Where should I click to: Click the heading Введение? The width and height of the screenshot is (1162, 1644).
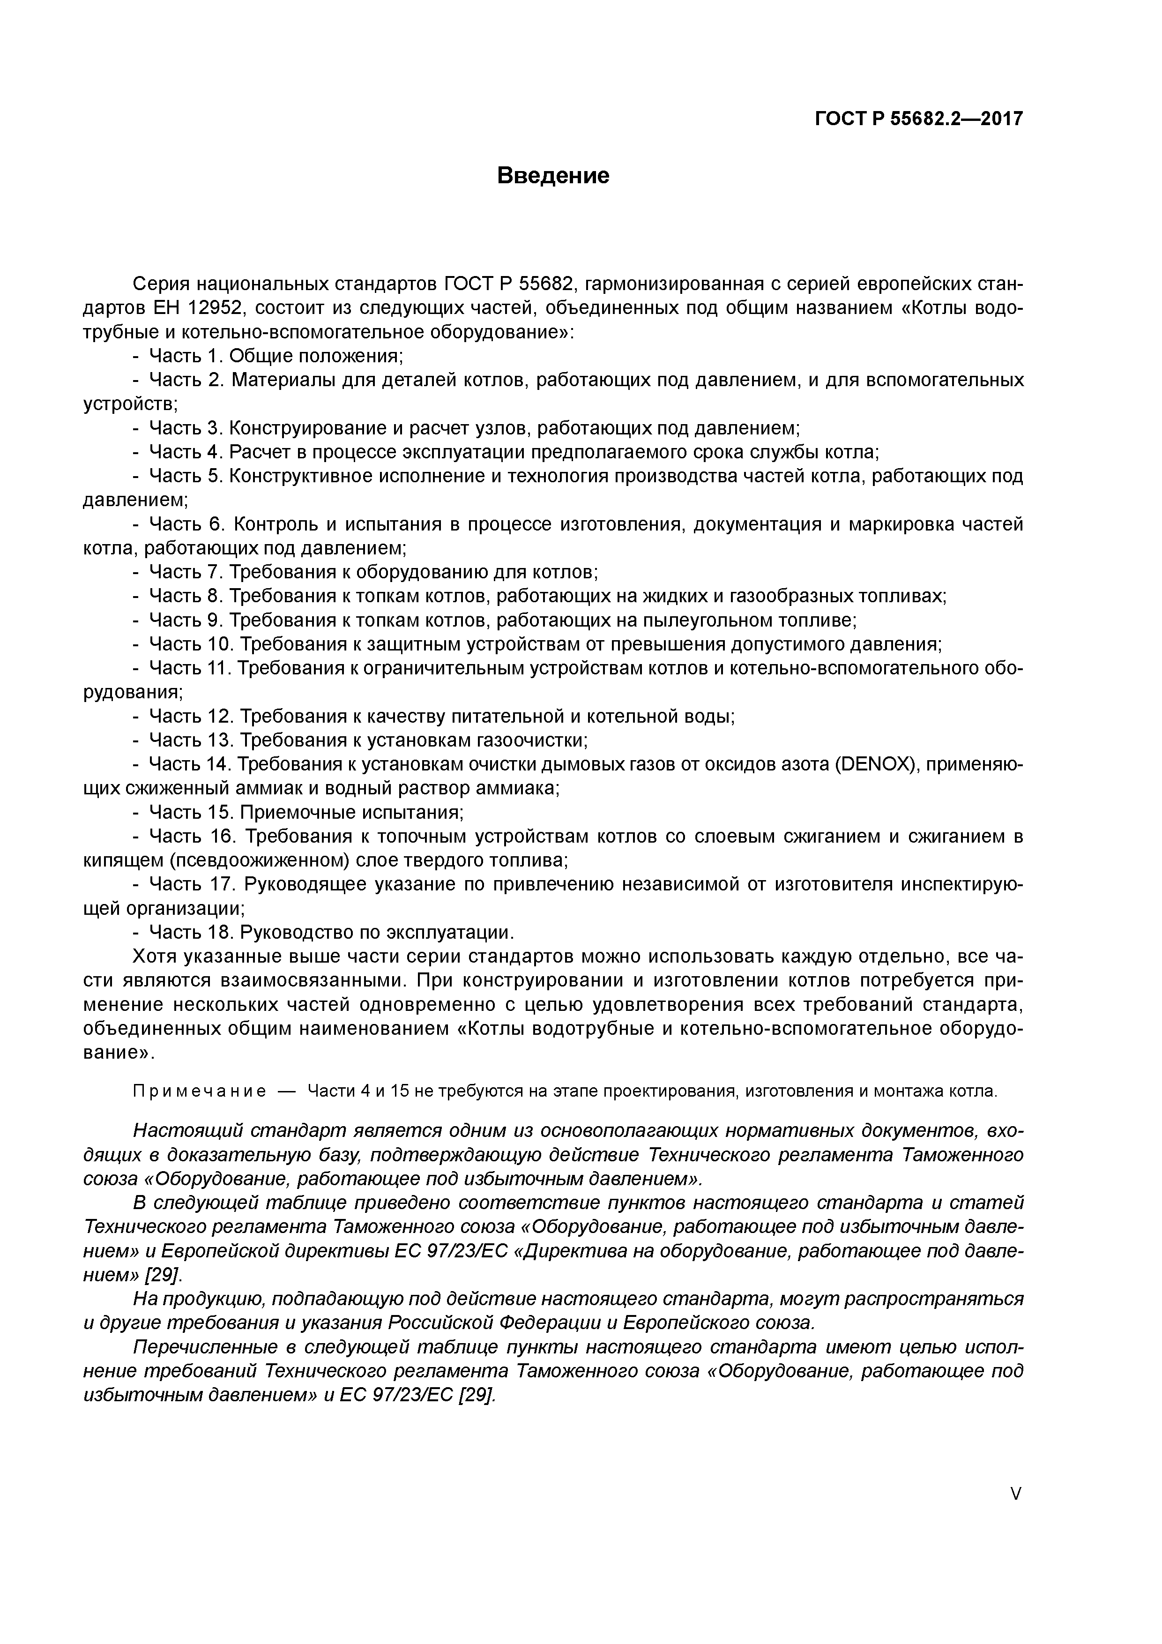click(x=553, y=175)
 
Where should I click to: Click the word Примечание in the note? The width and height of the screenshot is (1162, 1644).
click(x=200, y=1091)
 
